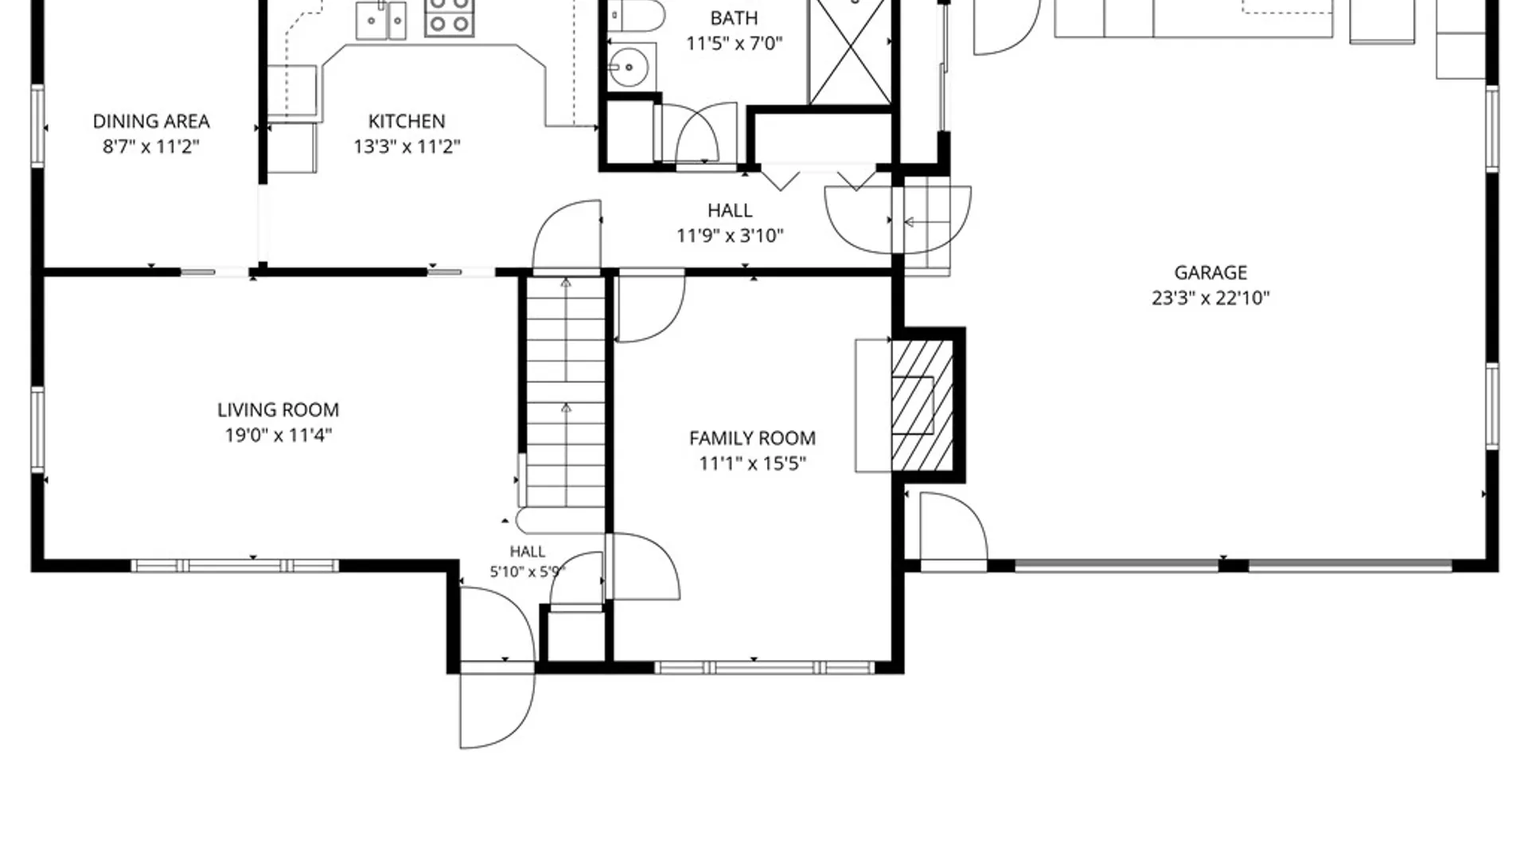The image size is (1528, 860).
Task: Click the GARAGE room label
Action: (x=1210, y=272)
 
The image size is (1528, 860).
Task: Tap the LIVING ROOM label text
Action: (x=278, y=409)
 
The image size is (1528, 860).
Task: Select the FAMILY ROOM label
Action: (x=752, y=438)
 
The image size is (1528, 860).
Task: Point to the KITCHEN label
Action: (x=407, y=121)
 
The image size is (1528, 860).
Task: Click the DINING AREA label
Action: (x=151, y=121)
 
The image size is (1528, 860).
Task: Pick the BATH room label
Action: (x=734, y=18)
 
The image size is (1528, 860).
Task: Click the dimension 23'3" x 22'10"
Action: (x=1210, y=298)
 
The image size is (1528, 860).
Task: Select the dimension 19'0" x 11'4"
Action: (x=278, y=435)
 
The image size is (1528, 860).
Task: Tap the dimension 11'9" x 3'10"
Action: (x=730, y=236)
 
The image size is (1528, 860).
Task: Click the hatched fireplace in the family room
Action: (x=922, y=405)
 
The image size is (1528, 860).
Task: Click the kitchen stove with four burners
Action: (x=449, y=18)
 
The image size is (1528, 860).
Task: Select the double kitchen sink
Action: (x=380, y=21)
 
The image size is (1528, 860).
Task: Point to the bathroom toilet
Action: (x=635, y=15)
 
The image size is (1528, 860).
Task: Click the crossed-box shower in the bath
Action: (x=850, y=52)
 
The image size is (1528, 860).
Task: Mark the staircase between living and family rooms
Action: (x=565, y=392)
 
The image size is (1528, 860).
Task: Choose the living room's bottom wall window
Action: (x=235, y=566)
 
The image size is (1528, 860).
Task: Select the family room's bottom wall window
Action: (x=765, y=667)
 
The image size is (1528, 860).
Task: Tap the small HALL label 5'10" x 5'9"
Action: (x=528, y=561)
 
